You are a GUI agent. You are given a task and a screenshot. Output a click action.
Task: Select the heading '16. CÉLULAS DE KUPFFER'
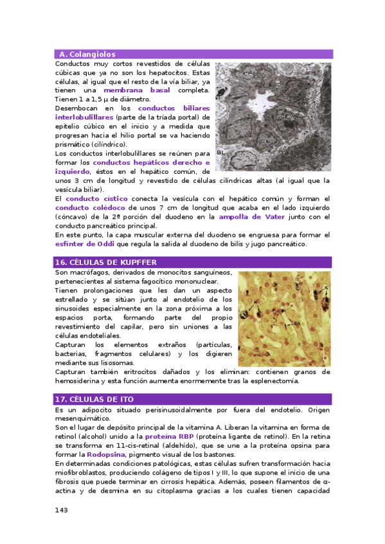click(105, 262)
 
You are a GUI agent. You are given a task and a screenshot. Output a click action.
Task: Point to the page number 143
click(61, 510)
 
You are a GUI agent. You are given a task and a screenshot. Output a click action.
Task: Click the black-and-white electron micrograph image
click(273, 115)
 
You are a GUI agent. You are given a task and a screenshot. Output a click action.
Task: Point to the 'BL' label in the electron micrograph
click(220, 153)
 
